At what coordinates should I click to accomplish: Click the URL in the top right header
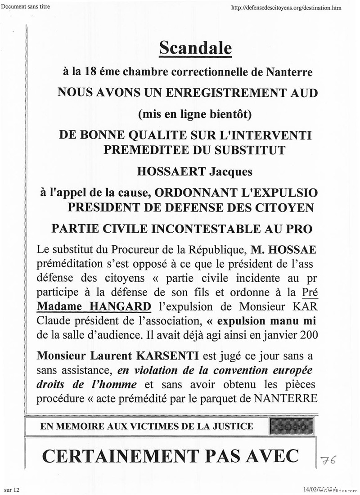click(x=286, y=8)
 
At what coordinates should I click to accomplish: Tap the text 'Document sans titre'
click(x=25, y=6)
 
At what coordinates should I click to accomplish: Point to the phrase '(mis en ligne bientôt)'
click(x=195, y=114)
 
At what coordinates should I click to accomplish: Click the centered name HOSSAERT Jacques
click(x=194, y=171)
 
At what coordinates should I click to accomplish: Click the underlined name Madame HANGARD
click(x=94, y=306)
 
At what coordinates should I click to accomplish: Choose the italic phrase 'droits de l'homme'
click(x=86, y=384)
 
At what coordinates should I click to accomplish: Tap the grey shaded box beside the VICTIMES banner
click(x=288, y=426)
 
